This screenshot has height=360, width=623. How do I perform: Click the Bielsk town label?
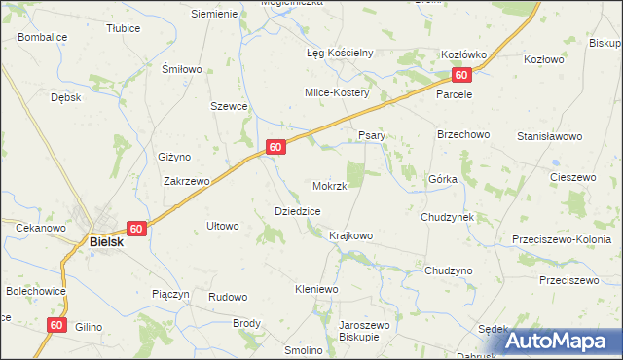pos(106,241)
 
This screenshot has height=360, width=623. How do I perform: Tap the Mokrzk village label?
pos(330,185)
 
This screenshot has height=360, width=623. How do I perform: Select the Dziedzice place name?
pos(298,210)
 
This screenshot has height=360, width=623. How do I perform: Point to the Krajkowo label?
pos(351,235)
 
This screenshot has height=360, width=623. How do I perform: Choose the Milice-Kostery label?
pos(337,92)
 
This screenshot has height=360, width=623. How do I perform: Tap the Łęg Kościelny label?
pos(340,53)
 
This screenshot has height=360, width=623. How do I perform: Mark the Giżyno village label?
pos(174,157)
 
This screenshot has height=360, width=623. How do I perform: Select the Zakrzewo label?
pos(187,181)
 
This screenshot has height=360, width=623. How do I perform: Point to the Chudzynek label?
pos(447,217)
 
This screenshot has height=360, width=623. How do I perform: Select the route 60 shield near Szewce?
pos(275,147)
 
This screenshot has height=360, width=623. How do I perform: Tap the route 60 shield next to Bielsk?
pos(135,229)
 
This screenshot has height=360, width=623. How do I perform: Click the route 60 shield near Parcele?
pos(461,75)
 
